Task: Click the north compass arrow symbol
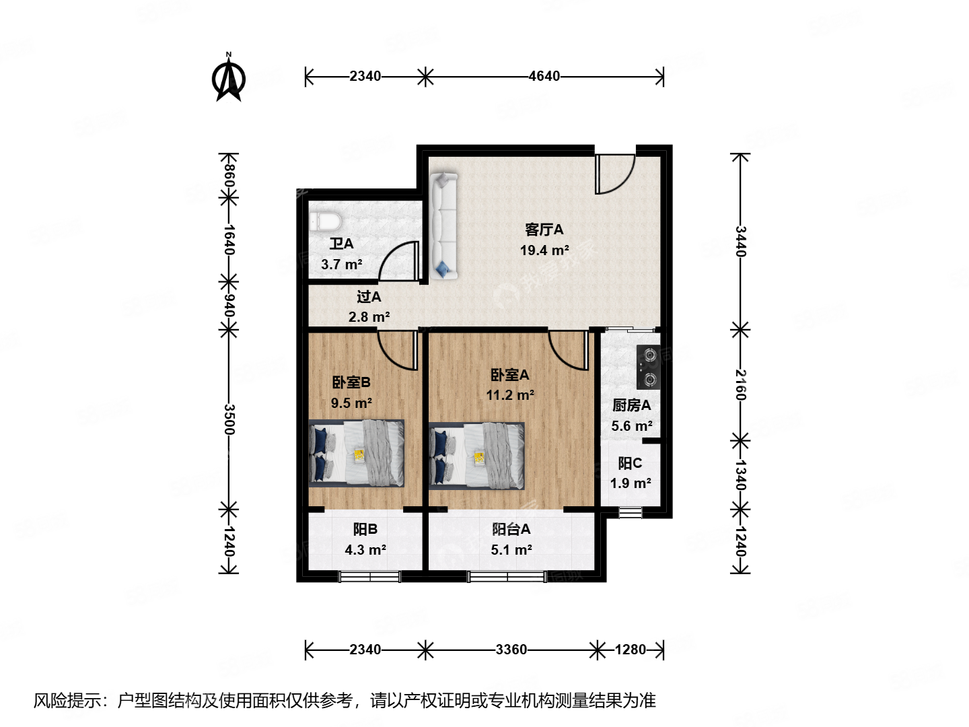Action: (229, 77)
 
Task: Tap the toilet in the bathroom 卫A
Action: (326, 221)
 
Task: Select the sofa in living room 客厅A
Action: (443, 226)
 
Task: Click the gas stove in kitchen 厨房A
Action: (649, 368)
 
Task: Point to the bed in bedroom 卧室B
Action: (357, 453)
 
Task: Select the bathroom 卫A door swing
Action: (400, 262)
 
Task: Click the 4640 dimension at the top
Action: (544, 77)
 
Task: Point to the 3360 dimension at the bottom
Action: (511, 650)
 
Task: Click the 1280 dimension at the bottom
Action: (630, 650)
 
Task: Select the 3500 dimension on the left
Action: (229, 419)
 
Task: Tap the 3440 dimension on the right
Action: (740, 241)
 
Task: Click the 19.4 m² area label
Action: (544, 250)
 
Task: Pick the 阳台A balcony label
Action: (511, 529)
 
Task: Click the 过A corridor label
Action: (369, 297)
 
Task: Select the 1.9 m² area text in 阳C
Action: (631, 483)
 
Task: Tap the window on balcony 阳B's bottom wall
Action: (369, 576)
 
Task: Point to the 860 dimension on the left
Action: (229, 175)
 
